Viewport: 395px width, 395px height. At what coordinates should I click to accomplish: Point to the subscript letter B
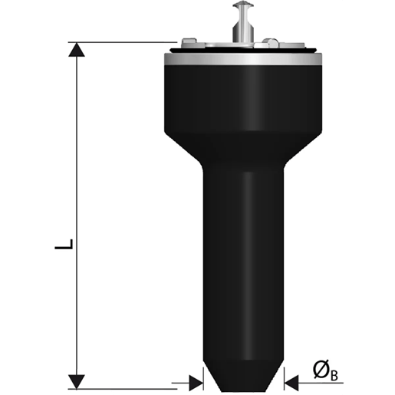pyautogui.click(x=334, y=376)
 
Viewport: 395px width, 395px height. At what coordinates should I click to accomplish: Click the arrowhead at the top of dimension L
pyautogui.click(x=76, y=50)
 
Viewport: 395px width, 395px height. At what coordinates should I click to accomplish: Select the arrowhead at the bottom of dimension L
pyautogui.click(x=76, y=381)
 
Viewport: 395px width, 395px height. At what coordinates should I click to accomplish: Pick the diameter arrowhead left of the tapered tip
pyautogui.click(x=196, y=378)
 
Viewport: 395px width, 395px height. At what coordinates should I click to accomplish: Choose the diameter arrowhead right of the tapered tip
pyautogui.click(x=291, y=378)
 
